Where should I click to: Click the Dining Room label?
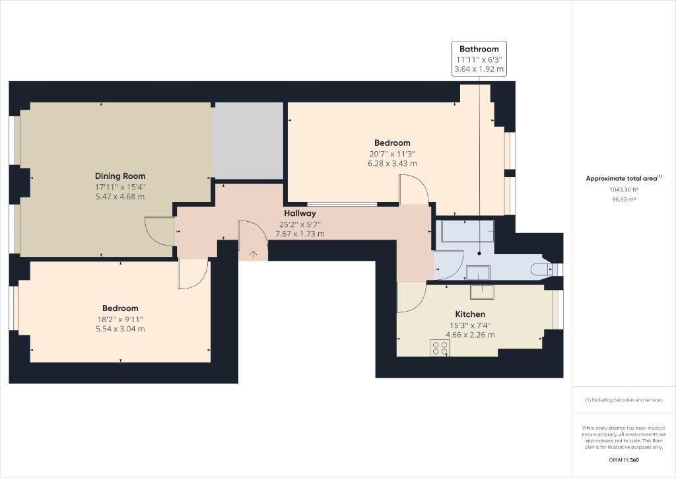120,176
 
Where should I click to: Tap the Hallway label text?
300,213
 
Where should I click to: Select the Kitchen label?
470,314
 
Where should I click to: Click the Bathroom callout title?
479,49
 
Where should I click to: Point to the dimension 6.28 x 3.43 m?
392,163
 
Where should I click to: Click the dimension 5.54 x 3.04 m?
120,329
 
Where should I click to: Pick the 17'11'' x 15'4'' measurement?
120,187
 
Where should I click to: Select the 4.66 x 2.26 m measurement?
470,335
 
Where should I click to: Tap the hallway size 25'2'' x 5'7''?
300,224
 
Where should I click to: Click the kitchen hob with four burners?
440,348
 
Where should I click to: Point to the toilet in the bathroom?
541,269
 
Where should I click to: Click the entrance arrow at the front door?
253,254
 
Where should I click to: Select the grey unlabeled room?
249,141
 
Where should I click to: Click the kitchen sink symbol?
482,291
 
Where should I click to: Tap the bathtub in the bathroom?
464,236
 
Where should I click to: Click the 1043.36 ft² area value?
624,189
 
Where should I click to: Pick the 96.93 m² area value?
624,199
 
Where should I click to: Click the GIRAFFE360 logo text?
624,460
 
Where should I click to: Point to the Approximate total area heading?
624,178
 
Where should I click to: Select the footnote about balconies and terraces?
624,400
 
